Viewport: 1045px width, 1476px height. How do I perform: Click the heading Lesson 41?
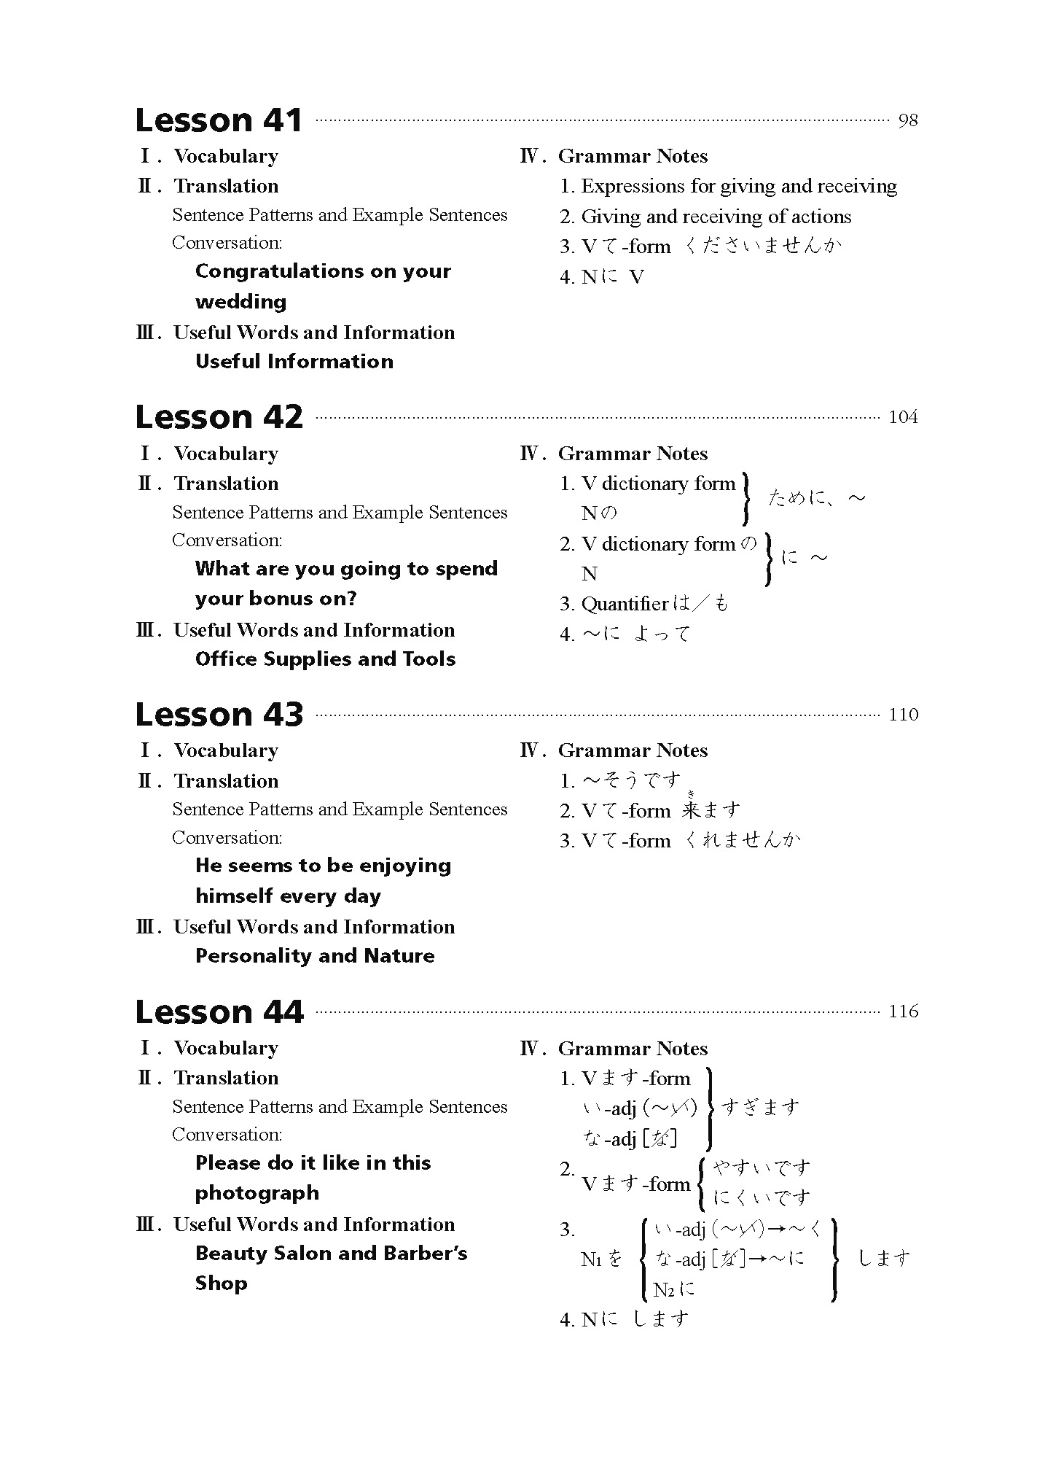[x=219, y=120]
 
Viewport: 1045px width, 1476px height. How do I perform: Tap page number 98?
[x=908, y=120]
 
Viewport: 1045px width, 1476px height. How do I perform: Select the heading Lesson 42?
[x=219, y=417]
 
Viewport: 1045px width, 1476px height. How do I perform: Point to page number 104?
[x=903, y=417]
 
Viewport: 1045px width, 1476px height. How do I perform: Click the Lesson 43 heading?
[x=219, y=715]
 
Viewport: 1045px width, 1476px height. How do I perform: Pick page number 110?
[x=903, y=715]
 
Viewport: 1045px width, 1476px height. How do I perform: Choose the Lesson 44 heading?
[x=219, y=1012]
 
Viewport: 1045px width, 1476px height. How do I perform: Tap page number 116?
[x=903, y=1011]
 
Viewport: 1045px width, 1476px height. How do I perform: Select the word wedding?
[x=240, y=302]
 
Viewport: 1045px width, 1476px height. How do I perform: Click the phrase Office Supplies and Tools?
[x=325, y=659]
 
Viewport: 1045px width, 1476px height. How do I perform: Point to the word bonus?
[x=275, y=599]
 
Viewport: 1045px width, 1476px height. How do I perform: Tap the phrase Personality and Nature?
[x=315, y=956]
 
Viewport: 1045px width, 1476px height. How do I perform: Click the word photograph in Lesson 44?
[x=257, y=1193]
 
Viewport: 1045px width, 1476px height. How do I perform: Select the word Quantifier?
[x=625, y=604]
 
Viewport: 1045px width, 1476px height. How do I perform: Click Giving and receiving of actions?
[x=716, y=217]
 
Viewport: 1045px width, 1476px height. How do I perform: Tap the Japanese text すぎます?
[x=760, y=1108]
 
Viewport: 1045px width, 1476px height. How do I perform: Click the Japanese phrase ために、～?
[x=816, y=499]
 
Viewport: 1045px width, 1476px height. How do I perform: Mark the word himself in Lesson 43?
[x=234, y=896]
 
